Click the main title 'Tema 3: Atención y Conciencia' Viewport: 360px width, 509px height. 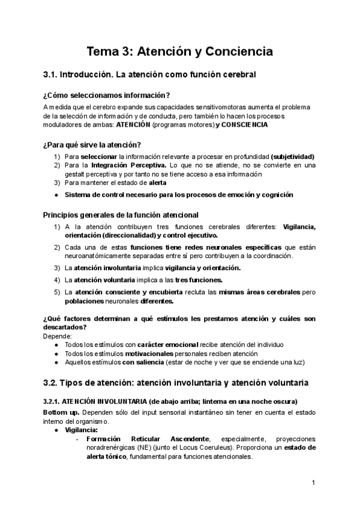pyautogui.click(x=180, y=52)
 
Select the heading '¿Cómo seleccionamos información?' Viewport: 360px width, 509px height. pyautogui.click(x=107, y=94)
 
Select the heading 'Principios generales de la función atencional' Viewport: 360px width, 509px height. pyautogui.click(x=121, y=214)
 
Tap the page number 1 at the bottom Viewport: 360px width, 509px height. pyautogui.click(x=314, y=483)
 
